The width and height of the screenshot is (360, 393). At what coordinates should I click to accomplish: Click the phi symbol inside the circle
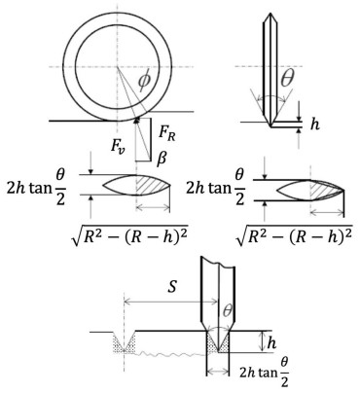pyautogui.click(x=144, y=80)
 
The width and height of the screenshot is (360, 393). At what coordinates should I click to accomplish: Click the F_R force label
pyautogui.click(x=167, y=133)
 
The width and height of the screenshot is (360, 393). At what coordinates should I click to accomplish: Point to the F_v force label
pyautogui.click(x=117, y=146)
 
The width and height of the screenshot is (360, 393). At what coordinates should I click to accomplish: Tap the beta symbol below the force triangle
pyautogui.click(x=162, y=160)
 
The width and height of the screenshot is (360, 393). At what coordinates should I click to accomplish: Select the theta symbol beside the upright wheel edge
pyautogui.click(x=287, y=79)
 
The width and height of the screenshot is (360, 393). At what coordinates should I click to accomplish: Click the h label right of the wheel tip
pyautogui.click(x=314, y=124)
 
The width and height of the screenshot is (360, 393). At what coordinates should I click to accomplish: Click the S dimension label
pyautogui.click(x=173, y=286)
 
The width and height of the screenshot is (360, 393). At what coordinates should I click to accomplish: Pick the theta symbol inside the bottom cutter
pyautogui.click(x=228, y=311)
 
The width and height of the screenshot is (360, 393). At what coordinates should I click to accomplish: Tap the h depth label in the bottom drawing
pyautogui.click(x=271, y=342)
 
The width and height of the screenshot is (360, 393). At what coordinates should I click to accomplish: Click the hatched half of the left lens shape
pyautogui.click(x=151, y=185)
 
